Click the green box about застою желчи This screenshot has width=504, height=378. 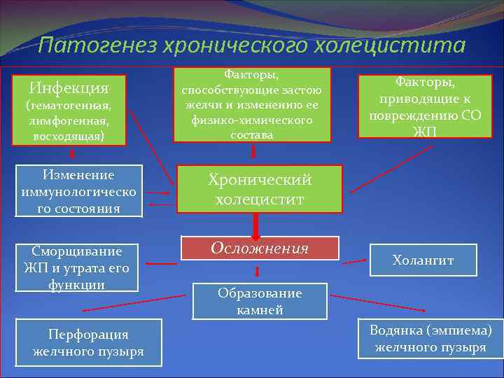coord(252,104)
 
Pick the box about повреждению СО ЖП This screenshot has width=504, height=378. coord(419,107)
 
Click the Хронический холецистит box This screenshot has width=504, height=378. coord(260,189)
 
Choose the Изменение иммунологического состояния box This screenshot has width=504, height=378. coord(78,191)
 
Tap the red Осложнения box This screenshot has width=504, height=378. coord(260,248)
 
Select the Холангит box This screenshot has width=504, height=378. coord(423,260)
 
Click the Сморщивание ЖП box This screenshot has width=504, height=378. coord(78,267)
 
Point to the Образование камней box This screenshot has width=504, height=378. coord(260,301)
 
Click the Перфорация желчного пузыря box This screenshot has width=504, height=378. coord(88,342)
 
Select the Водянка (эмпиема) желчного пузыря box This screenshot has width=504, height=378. coord(430,338)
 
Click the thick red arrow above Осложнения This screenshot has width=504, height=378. coord(256,225)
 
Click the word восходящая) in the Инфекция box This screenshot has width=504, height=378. coord(68,136)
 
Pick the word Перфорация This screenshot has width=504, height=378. coord(88,335)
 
